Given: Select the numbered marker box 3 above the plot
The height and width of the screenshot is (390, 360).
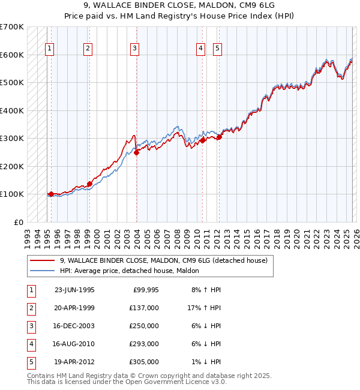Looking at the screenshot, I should click(135, 49).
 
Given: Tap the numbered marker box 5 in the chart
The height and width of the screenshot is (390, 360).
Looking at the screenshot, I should click(217, 49).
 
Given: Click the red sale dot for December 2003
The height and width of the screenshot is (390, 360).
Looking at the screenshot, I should click(136, 152).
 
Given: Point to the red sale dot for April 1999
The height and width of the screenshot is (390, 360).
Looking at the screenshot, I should click(89, 184).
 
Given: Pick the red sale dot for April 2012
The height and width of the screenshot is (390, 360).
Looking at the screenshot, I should click(219, 137).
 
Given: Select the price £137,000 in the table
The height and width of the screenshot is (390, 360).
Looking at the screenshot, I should click(144, 308).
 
